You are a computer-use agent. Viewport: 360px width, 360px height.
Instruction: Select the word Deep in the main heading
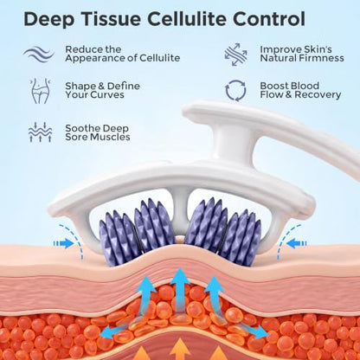pyautogui.click(x=49, y=20)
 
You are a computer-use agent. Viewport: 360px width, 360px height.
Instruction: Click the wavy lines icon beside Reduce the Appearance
pyautogui.click(x=39, y=54)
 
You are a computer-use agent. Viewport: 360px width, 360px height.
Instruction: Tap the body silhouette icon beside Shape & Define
pyautogui.click(x=40, y=91)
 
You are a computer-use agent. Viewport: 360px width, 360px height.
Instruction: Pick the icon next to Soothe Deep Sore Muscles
pyautogui.click(x=40, y=132)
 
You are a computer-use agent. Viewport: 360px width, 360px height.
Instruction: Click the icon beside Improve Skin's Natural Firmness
pyautogui.click(x=236, y=55)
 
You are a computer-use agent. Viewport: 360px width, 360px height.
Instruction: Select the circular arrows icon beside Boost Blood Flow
pyautogui.click(x=235, y=91)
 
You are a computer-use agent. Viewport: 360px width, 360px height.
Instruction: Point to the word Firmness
pyautogui.click(x=321, y=58)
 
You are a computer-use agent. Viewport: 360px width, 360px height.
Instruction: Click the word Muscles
pyautogui.click(x=110, y=137)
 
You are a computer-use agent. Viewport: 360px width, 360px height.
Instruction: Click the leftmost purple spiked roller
pyautogui.click(x=117, y=238)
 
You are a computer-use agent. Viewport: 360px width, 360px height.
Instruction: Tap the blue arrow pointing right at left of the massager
pyautogui.click(x=64, y=243)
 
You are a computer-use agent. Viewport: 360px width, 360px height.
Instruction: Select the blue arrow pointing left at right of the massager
pyautogui.click(x=297, y=243)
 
